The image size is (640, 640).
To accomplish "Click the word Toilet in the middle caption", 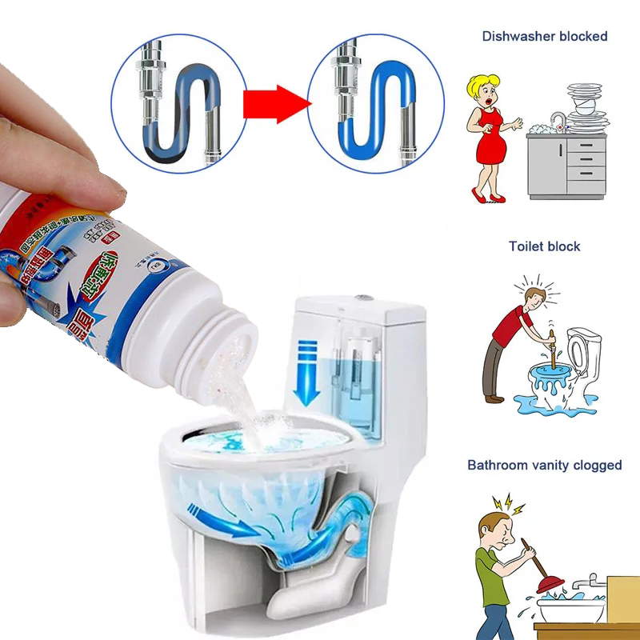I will tap(525, 246).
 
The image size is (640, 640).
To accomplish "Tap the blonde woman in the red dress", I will tap(489, 136).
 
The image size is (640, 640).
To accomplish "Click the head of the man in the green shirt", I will tap(496, 533).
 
